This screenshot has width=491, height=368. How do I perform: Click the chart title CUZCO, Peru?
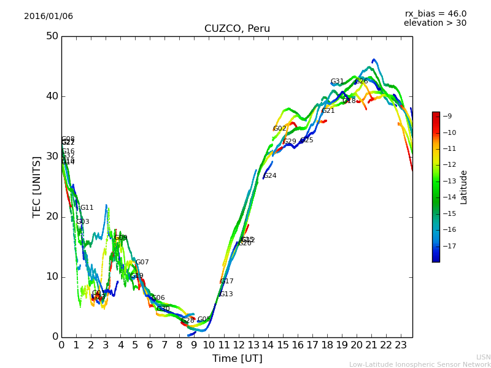pyautogui.click(x=237, y=29)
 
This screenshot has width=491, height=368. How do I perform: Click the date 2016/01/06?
pyautogui.click(x=48, y=17)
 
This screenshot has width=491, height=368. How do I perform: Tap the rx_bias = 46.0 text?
pyautogui.click(x=435, y=13)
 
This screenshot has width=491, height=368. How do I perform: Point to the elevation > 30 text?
pyautogui.click(x=435, y=23)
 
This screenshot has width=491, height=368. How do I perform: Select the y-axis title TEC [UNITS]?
pyautogui.click(x=37, y=186)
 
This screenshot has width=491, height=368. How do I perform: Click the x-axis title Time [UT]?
pyautogui.click(x=237, y=359)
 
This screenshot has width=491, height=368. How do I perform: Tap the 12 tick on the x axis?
pyautogui.click(x=238, y=345)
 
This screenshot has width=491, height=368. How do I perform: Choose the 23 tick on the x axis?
pyautogui.click(x=401, y=345)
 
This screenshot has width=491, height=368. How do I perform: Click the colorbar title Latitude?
pyautogui.click(x=464, y=187)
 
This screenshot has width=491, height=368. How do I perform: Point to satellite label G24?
pyautogui.click(x=270, y=176)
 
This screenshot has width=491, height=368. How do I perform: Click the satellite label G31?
pyautogui.click(x=337, y=82)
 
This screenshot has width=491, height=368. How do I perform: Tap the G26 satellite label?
pyautogui.click(x=361, y=82)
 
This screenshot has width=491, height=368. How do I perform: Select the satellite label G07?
pyautogui.click(x=142, y=263)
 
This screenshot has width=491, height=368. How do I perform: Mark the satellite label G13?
pyautogui.click(x=226, y=294)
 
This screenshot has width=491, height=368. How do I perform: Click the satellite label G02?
pyautogui.click(x=280, y=129)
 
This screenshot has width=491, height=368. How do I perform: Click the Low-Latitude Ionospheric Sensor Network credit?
pyautogui.click(x=420, y=365)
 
